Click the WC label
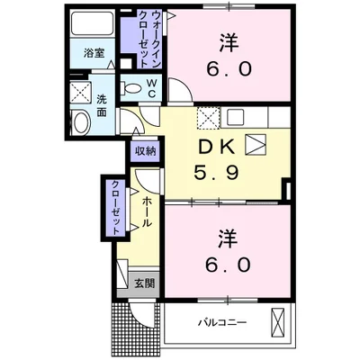[x=152, y=86]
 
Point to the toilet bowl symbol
[x=135, y=88]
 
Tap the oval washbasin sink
[x=78, y=123]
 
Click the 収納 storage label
[x=146, y=151]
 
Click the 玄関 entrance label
[x=145, y=283]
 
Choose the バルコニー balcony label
[x=222, y=321]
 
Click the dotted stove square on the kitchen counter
[x=208, y=117]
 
